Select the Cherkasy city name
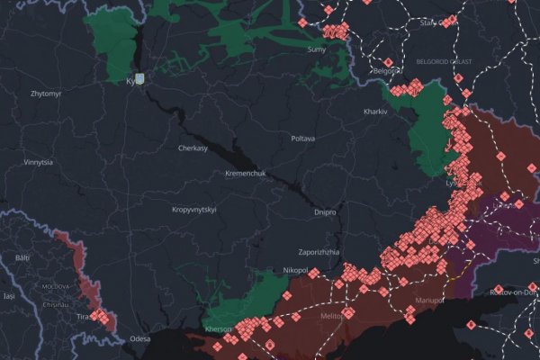(194, 148)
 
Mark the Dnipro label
(326, 212)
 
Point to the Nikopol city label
(295, 270)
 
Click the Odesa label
(139, 338)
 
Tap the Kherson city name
(220, 330)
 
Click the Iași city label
(9, 295)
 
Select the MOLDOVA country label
(56, 286)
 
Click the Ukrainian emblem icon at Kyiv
(139, 78)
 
